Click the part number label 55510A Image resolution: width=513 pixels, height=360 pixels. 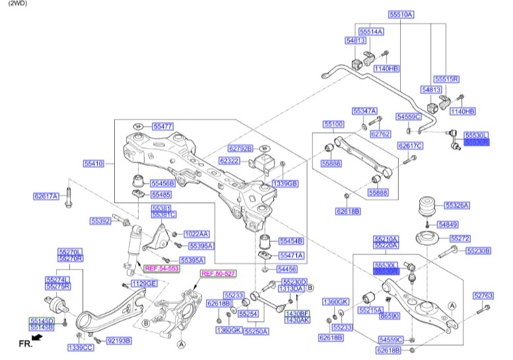400,15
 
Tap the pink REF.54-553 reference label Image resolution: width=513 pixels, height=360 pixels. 162,269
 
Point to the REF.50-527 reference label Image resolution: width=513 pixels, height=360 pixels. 218,273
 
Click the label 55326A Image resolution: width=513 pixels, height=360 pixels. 457,205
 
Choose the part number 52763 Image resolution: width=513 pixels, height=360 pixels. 483,296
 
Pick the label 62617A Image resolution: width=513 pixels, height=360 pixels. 47,196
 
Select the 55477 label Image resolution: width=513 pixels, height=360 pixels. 163,126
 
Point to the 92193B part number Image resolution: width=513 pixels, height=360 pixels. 119,341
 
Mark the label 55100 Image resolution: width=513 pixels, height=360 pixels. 333,124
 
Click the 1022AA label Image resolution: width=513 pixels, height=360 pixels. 196,234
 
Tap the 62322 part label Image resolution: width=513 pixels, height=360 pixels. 230,161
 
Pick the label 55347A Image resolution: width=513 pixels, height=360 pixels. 364,111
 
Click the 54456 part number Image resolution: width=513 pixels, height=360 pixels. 287,270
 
